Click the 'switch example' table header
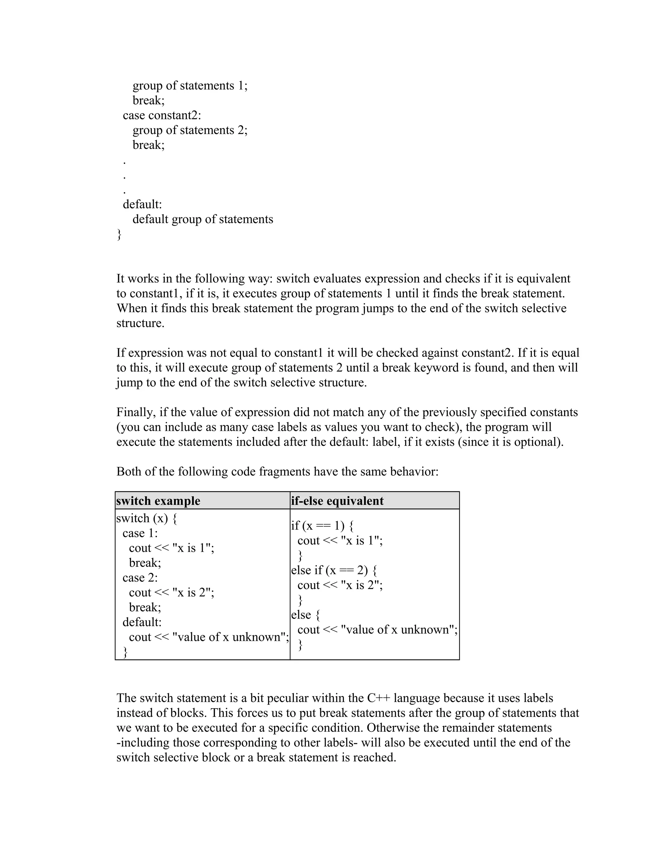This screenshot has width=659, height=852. coord(158,501)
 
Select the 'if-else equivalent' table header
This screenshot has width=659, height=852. coord(337,501)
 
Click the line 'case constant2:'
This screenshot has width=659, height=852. coord(162,115)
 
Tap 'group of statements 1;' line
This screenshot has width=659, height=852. coord(190,86)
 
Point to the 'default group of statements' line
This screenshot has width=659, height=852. coord(203,219)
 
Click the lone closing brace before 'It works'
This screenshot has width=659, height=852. coord(119,234)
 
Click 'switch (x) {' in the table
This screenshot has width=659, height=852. coord(147,519)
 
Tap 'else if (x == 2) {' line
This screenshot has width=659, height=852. coord(334,570)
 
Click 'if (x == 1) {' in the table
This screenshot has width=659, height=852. coord(322,526)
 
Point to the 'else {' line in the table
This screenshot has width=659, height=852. coord(305,615)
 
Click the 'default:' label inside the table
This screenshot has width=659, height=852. coord(142,622)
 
